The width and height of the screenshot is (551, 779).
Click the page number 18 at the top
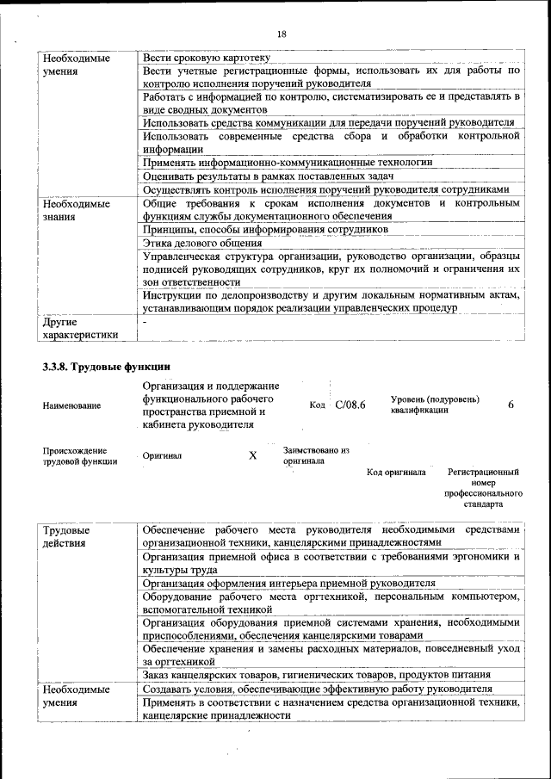[281, 34]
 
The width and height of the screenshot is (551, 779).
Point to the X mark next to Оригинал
[252, 455]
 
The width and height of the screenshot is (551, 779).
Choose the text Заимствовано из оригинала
[315, 454]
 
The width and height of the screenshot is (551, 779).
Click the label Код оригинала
[396, 473]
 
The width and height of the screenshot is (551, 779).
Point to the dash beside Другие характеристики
[145, 322]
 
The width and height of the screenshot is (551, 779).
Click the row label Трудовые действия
[66, 536]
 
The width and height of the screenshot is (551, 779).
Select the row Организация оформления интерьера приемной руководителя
[289, 583]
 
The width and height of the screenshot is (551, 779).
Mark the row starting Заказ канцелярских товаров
[317, 675]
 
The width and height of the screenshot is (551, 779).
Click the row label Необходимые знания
[77, 210]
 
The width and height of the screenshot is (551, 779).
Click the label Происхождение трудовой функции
[75, 455]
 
